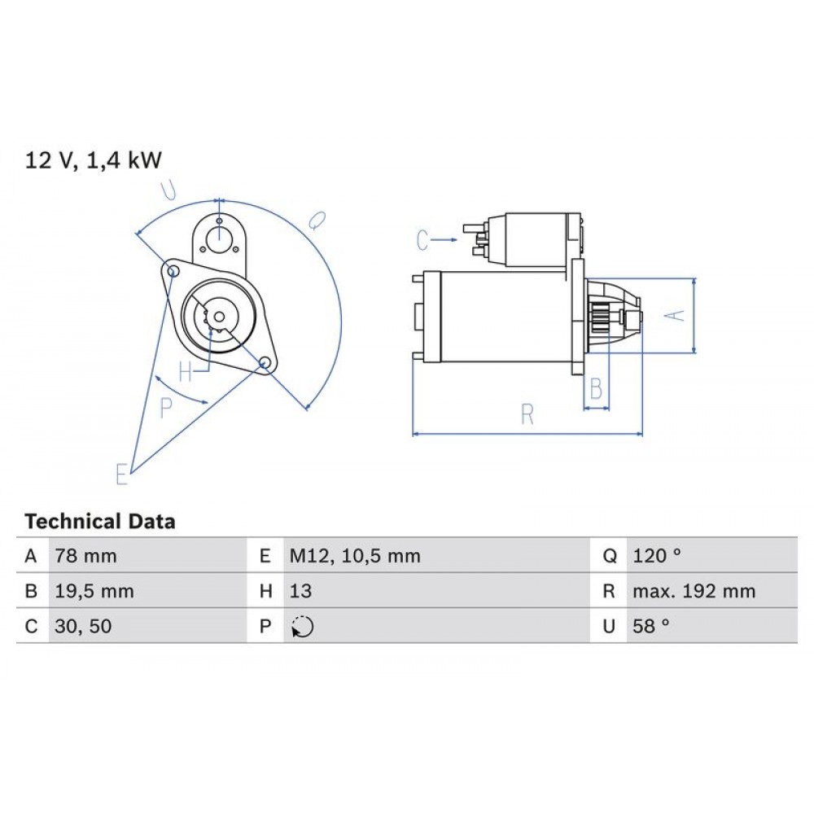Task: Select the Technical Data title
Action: click(x=100, y=522)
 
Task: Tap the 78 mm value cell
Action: click(x=85, y=557)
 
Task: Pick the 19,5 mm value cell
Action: click(x=94, y=592)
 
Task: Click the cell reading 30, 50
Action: click(x=84, y=627)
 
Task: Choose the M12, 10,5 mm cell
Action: click(x=355, y=557)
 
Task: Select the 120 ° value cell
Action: click(x=656, y=557)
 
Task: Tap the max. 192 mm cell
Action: click(x=694, y=592)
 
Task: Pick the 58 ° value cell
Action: click(x=650, y=627)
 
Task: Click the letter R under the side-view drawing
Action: click(x=527, y=415)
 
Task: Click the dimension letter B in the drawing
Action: click(x=596, y=389)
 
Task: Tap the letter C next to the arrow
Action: click(x=422, y=240)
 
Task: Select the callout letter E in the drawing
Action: click(x=122, y=474)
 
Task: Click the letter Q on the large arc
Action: click(x=317, y=220)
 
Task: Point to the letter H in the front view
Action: click(x=186, y=373)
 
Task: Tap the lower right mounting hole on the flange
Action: click(x=265, y=364)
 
